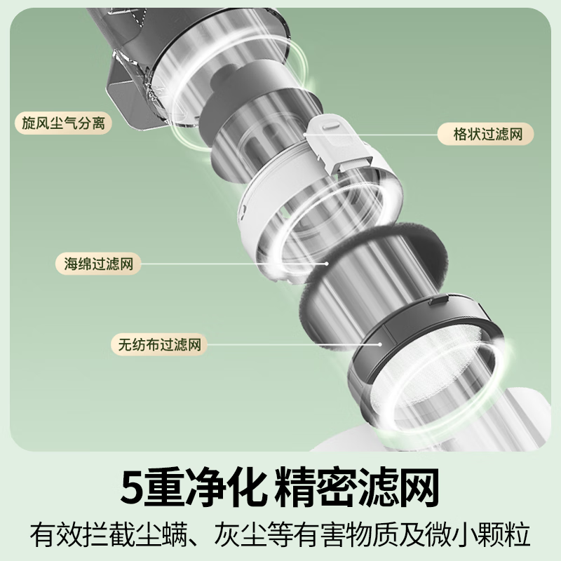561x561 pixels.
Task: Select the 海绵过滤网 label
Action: (98, 264)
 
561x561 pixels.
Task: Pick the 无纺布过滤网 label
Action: (159, 345)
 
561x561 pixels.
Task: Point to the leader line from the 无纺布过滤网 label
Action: (295, 345)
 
